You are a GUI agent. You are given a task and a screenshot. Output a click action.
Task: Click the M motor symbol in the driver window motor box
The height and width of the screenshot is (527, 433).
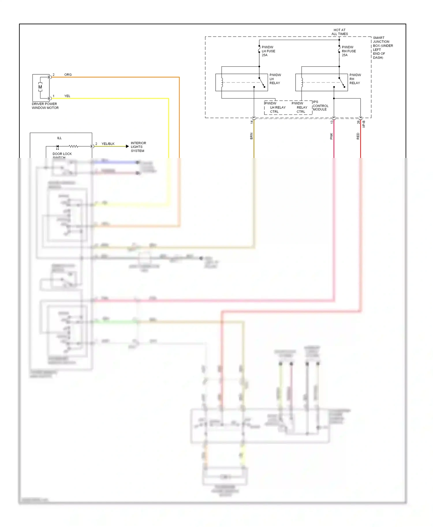click(40, 87)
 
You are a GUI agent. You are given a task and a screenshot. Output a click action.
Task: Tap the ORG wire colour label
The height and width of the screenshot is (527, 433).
click(68, 75)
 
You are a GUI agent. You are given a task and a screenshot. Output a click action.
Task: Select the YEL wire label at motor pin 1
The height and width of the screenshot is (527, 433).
click(67, 96)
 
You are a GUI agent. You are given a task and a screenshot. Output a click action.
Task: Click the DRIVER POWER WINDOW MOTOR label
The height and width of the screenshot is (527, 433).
click(45, 106)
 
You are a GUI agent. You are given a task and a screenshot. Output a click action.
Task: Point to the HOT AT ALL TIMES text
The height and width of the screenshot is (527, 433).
click(339, 32)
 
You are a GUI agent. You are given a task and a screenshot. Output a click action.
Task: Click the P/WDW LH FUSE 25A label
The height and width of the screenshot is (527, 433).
click(268, 51)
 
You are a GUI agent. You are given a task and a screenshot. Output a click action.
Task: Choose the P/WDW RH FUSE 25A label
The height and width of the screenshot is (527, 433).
click(348, 51)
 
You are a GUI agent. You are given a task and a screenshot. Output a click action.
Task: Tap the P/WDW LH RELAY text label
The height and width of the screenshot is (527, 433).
click(275, 79)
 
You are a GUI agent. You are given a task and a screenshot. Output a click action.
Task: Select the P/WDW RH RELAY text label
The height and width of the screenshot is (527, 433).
click(355, 79)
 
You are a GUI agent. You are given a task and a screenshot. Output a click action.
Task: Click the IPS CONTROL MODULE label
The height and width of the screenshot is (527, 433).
click(320, 106)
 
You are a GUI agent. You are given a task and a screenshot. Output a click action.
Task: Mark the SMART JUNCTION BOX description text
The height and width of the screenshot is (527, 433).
click(382, 48)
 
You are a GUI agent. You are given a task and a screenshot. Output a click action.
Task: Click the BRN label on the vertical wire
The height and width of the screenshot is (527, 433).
click(251, 136)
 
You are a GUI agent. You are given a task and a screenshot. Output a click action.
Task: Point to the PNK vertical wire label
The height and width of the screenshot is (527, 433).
click(331, 136)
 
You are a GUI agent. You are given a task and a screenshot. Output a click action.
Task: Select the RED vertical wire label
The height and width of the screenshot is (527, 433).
click(358, 136)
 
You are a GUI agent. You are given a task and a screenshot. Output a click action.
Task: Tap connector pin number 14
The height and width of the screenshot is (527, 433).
click(252, 122)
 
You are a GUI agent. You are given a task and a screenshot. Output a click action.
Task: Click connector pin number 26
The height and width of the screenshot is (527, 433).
click(358, 122)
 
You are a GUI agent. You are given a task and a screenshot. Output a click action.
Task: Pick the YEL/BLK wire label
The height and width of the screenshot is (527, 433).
click(108, 144)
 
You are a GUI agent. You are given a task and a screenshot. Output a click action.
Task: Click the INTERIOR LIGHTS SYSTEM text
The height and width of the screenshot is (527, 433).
click(138, 147)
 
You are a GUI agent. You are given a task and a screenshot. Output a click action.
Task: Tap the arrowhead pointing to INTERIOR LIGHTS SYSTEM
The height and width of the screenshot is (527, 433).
click(127, 146)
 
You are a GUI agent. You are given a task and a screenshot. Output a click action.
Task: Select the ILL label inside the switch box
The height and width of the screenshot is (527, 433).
click(59, 138)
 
